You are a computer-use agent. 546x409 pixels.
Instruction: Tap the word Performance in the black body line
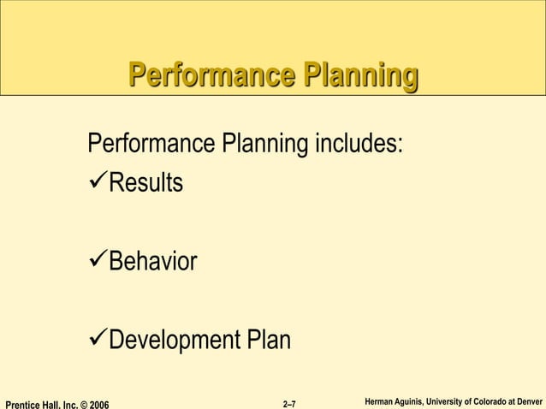point(152,143)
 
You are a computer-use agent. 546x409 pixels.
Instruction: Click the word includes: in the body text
point(360,143)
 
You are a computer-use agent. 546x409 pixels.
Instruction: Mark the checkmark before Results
point(98,182)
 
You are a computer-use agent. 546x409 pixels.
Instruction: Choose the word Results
point(145,183)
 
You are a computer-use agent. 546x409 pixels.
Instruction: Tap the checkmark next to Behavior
point(98,261)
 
